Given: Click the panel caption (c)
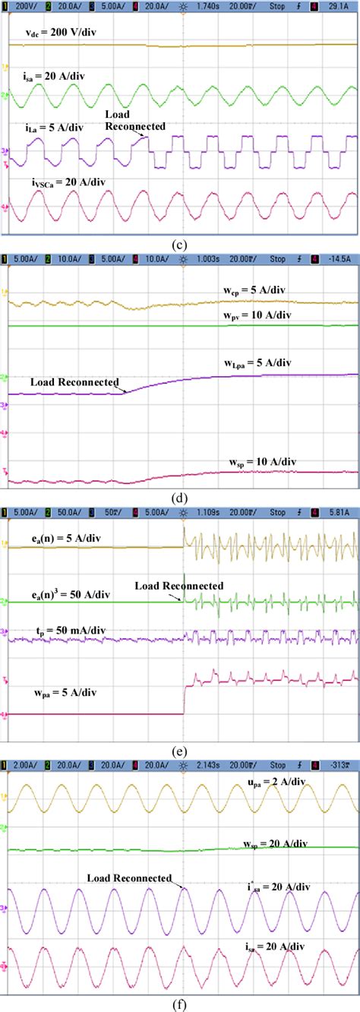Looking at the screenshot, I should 180,245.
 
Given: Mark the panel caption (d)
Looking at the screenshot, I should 180,498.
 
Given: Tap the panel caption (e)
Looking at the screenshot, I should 180,751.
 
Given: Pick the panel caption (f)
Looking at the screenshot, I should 180,1004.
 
